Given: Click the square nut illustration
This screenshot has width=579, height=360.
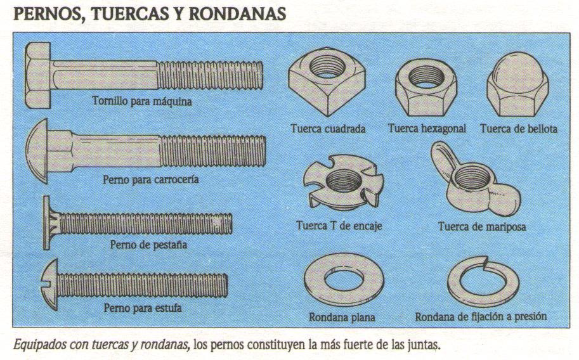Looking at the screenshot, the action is pos(320,84).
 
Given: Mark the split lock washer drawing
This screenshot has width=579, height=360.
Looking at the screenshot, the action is pos(483,281).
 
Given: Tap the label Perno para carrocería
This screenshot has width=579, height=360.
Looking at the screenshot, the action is pos(151,179).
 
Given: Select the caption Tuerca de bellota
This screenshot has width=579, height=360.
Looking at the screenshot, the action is pos(519,129).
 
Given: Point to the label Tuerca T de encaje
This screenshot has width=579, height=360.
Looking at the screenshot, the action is pos(339,225).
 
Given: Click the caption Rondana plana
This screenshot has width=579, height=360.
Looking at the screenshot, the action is pos(342,316).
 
